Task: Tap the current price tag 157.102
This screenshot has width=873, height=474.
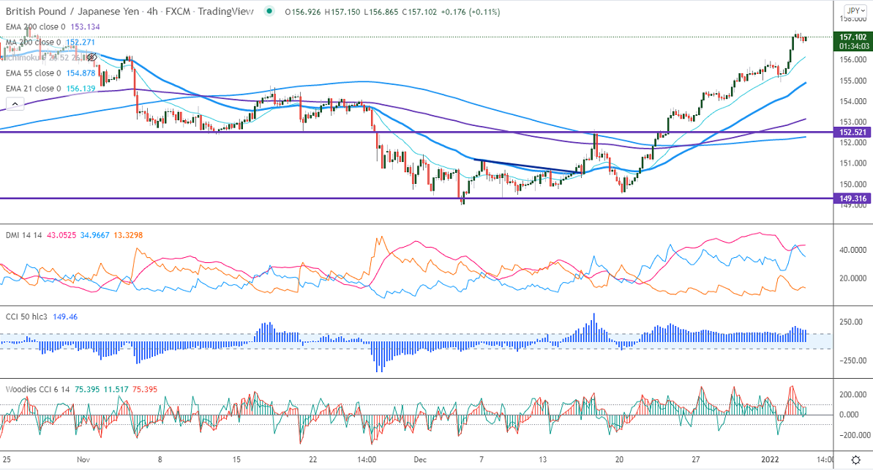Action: click(853, 37)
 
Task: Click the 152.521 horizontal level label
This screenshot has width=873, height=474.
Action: click(853, 132)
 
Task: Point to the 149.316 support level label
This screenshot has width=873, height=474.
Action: click(853, 198)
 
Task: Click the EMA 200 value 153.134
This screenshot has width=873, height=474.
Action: click(85, 26)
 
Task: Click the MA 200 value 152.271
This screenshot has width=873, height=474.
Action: click(80, 42)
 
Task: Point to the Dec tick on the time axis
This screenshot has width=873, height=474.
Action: click(419, 459)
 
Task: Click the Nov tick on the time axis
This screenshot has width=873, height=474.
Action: click(83, 459)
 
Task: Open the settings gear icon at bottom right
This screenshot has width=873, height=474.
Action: click(855, 459)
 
